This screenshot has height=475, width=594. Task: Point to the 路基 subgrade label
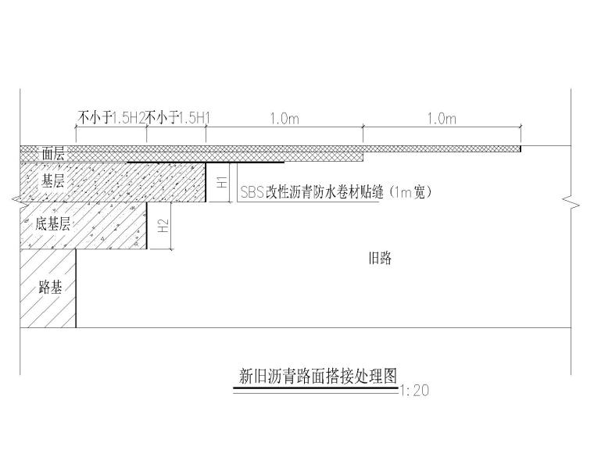pyautogui.click(x=51, y=286)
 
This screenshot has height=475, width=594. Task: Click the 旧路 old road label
pyautogui.click(x=379, y=259)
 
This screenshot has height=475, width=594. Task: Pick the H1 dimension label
pyautogui.click(x=221, y=183)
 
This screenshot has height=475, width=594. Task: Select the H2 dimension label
pyautogui.click(x=163, y=227)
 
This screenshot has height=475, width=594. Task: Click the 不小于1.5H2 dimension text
pyautogui.click(x=112, y=118)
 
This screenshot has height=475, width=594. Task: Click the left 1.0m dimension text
pyautogui.click(x=284, y=118)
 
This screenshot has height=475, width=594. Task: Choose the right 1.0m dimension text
pyautogui.click(x=442, y=118)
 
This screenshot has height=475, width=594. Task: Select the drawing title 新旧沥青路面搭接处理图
pyautogui.click(x=317, y=377)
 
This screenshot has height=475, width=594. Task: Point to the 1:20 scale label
pyautogui.click(x=413, y=391)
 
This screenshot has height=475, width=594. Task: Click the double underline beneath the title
pyautogui.click(x=317, y=387)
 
